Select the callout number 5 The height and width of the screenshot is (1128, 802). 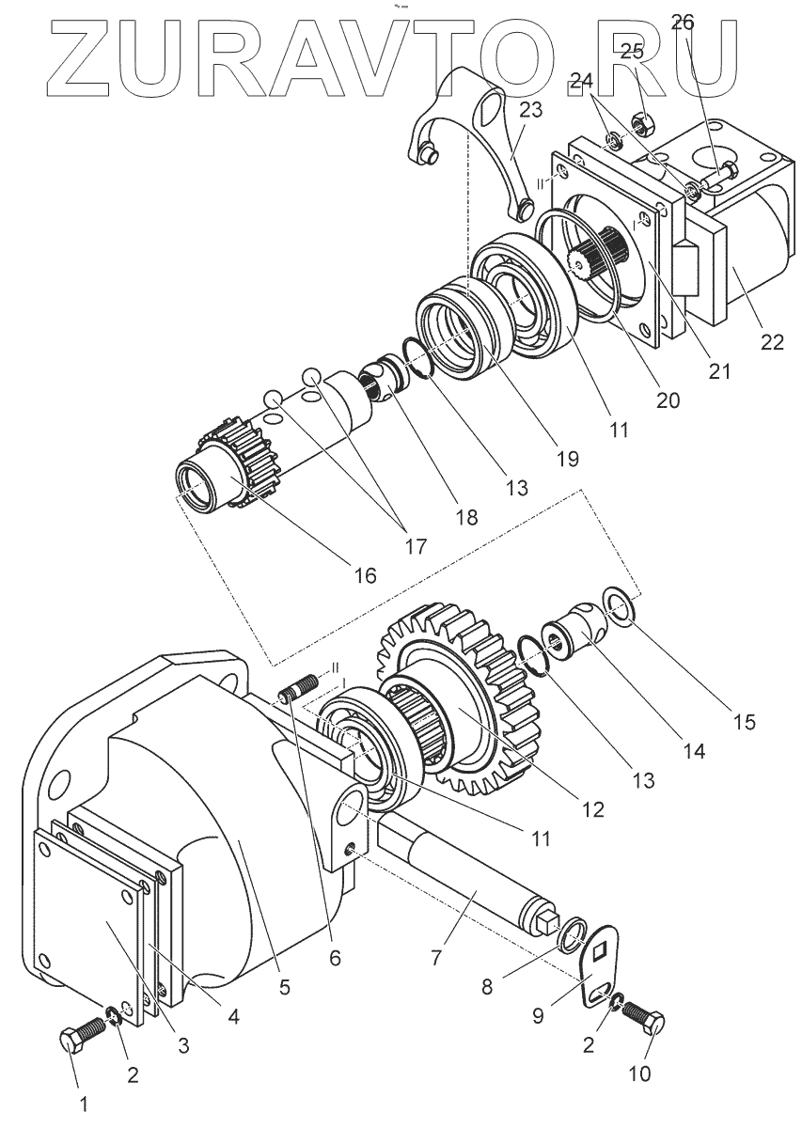point(284,986)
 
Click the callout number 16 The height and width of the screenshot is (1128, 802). point(364,574)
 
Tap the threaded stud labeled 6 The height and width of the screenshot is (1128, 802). point(297,697)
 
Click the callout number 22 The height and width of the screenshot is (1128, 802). point(772,342)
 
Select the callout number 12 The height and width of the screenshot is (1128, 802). point(593,807)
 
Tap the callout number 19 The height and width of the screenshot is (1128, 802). point(567,458)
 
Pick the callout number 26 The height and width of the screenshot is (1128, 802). point(683,21)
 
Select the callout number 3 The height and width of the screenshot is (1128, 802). point(183,1043)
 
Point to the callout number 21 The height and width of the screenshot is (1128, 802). point(719,371)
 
